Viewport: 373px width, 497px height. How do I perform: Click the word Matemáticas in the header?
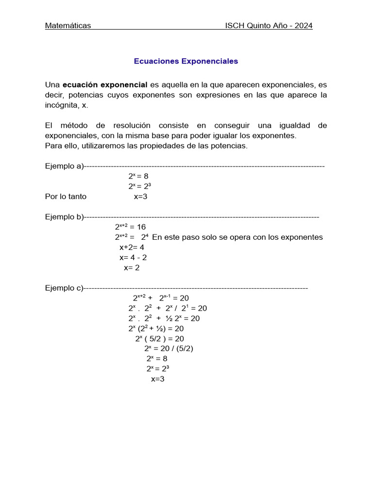tap(68, 26)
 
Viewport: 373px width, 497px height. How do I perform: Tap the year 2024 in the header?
tap(303, 26)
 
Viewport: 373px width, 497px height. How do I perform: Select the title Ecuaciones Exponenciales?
tap(186, 61)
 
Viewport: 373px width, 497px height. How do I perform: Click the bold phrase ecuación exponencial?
tap(105, 85)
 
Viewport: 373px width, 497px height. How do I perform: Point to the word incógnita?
tap(62, 105)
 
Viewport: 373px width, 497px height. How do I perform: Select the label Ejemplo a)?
tap(64, 166)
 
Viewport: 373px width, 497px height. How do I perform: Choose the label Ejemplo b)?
tap(64, 217)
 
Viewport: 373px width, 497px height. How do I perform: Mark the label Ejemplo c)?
tap(64, 288)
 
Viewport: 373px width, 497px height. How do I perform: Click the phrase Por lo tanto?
tap(66, 197)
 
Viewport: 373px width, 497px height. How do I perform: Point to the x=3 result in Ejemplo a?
tap(140, 197)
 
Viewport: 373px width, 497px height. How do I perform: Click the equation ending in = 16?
tap(130, 227)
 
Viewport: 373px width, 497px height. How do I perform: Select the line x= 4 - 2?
tap(133, 257)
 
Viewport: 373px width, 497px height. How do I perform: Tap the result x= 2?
tap(132, 267)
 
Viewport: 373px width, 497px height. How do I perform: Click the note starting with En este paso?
tap(237, 237)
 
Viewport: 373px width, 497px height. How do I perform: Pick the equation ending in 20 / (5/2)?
tap(169, 348)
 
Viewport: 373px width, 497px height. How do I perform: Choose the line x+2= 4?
tap(132, 247)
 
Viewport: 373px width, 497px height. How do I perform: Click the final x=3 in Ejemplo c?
tap(158, 379)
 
